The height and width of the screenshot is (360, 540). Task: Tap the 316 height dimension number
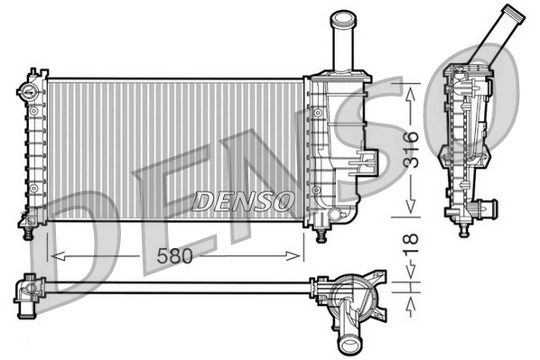pyautogui.click(x=411, y=150)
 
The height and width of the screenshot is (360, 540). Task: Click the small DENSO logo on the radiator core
pyautogui.click(x=244, y=198)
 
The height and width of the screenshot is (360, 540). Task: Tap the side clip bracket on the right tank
pyautogui.click(x=366, y=162)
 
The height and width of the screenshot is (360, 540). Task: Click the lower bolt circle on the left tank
pyautogui.click(x=33, y=189)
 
